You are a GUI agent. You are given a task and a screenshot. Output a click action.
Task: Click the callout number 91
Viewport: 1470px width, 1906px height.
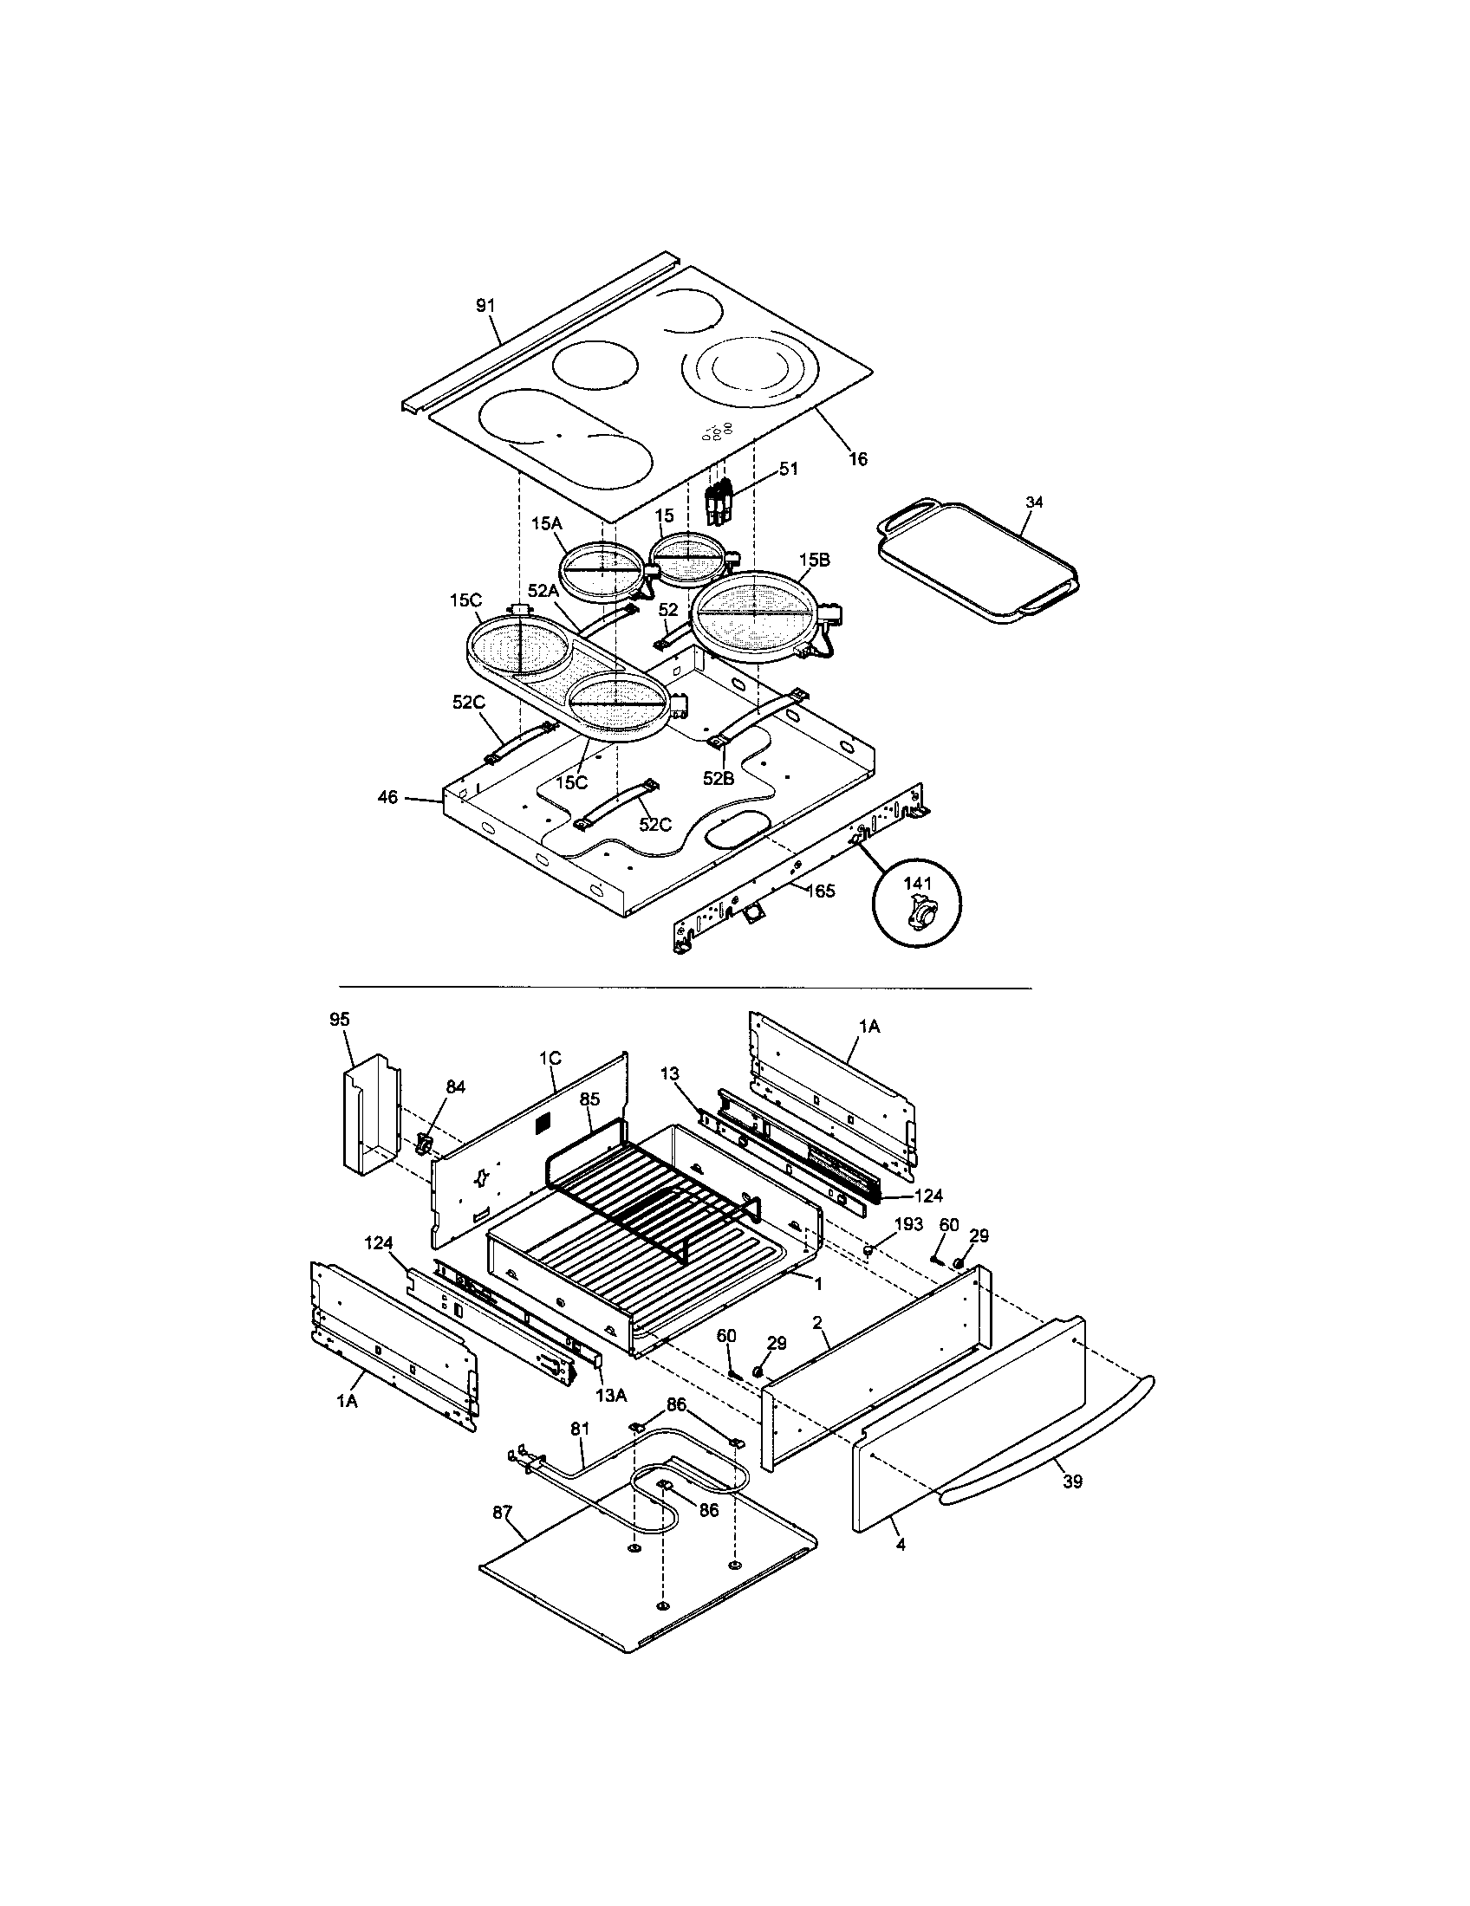[485, 306]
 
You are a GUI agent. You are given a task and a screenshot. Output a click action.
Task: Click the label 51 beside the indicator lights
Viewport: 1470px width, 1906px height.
[788, 470]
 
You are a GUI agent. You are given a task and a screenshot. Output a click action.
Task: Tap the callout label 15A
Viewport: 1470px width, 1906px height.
[545, 522]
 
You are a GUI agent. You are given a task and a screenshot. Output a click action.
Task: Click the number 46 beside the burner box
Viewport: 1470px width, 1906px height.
[387, 797]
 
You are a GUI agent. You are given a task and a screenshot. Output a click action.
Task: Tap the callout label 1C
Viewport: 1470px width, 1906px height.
[549, 1058]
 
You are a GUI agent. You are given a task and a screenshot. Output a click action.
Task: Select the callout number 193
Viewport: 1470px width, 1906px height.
[907, 1224]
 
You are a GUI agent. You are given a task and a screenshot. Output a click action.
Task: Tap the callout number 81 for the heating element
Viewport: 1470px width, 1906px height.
[580, 1429]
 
